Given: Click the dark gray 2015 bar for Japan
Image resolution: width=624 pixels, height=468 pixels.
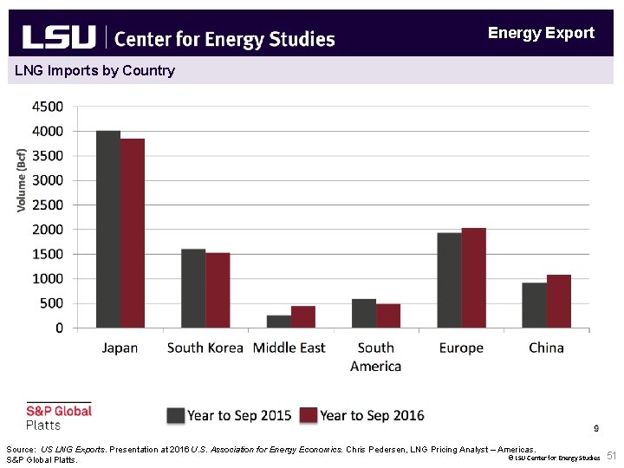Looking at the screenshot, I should point(108,230).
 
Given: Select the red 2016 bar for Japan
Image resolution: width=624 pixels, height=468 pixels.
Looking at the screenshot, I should point(133,233).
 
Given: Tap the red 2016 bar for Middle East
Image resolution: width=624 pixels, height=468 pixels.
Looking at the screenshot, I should point(302,317).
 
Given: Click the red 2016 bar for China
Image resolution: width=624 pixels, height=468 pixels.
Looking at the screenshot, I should point(559,302).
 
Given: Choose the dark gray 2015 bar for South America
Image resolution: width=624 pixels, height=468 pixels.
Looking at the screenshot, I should point(364,314).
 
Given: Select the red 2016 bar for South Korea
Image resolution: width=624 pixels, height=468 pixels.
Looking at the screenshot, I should point(218,290).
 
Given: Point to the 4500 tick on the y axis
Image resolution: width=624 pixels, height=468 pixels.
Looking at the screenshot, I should point(47,107).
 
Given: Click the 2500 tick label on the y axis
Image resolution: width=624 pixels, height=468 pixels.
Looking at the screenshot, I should point(47,205).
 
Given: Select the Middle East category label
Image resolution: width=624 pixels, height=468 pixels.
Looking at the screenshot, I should point(289,348).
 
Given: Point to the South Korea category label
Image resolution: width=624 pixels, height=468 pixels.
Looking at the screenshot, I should point(205,348).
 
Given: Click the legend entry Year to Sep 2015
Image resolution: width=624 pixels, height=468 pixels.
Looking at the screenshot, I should point(230,415).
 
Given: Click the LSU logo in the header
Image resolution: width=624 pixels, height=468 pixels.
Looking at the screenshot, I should point(58,36).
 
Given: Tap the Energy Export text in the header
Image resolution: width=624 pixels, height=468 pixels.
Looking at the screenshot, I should point(541,33).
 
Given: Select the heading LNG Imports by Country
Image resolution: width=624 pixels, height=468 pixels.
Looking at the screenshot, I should point(94,70).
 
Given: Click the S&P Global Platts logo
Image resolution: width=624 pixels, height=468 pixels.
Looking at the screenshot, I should point(58,417).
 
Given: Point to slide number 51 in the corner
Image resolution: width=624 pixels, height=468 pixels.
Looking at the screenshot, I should point(611,456).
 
